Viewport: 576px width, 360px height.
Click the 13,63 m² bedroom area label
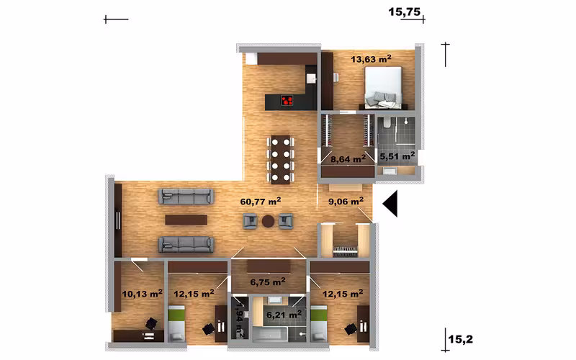click(371, 59)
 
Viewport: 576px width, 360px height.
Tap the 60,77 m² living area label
click(261, 202)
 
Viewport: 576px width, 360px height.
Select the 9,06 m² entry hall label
click(346, 201)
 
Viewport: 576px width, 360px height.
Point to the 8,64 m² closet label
click(348, 159)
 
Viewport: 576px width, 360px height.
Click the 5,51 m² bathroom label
click(397, 156)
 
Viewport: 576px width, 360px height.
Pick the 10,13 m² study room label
click(142, 294)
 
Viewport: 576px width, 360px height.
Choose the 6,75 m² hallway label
click(268, 282)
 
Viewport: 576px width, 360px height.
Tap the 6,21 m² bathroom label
click(284, 315)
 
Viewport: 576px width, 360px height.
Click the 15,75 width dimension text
click(404, 12)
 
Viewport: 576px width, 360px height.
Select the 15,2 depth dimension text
click(461, 339)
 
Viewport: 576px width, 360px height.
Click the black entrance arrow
click(390, 204)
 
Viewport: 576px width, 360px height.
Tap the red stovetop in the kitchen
click(287, 100)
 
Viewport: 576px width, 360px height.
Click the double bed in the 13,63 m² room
click(383, 87)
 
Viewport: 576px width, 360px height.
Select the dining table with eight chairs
click(281, 160)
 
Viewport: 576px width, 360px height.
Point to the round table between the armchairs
click(268, 222)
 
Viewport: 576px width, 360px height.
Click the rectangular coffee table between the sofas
click(186, 220)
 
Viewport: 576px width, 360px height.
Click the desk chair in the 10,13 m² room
click(151, 323)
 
